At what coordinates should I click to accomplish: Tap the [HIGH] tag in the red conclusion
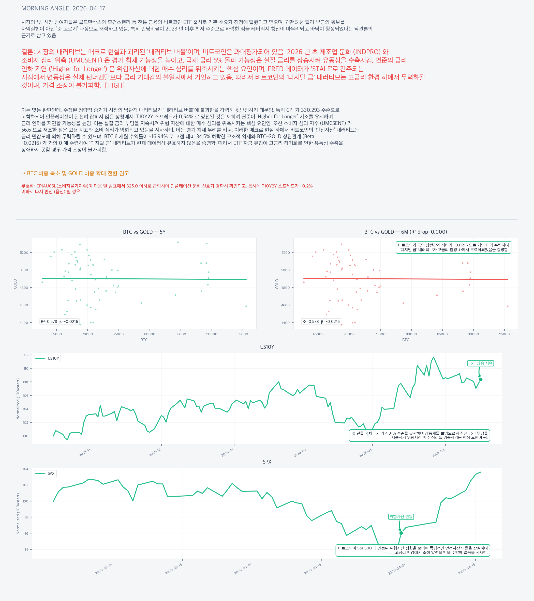[x=115, y=86]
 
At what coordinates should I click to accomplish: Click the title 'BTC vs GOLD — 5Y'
[x=144, y=232]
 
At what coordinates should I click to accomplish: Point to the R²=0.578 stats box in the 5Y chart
[x=60, y=321]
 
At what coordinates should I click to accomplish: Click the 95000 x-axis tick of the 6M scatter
[x=504, y=334]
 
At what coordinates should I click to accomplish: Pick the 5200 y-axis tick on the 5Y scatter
[x=24, y=252]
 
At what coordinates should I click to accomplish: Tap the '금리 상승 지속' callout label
[x=480, y=363]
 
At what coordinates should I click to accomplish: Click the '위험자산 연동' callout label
[x=401, y=517]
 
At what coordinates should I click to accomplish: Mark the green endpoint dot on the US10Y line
[x=480, y=379]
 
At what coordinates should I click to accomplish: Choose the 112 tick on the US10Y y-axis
[x=26, y=355]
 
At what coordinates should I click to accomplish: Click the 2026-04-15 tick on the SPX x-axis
[x=467, y=569]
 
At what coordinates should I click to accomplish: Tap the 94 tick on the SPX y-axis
[x=26, y=549]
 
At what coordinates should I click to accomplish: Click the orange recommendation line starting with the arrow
[x=75, y=173]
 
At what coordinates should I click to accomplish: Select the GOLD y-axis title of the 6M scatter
[x=277, y=284]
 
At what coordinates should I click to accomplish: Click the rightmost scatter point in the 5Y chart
[x=246, y=306]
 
